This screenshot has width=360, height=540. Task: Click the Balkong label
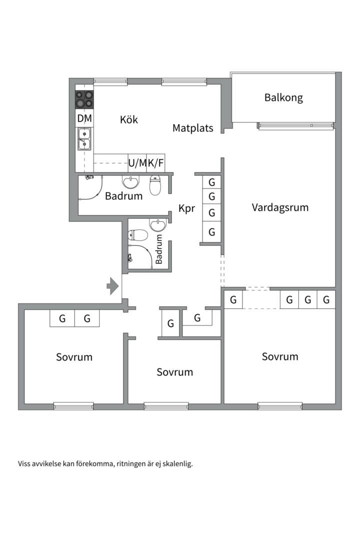[x=283, y=98]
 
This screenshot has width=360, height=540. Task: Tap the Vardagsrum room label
[x=280, y=207]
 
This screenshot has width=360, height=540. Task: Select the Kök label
[x=129, y=119]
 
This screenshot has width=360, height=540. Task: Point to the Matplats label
[x=193, y=128]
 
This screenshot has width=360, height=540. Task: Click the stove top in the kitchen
[x=84, y=99]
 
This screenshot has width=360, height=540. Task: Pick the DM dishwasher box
[x=84, y=118]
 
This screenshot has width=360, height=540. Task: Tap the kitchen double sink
[x=84, y=139]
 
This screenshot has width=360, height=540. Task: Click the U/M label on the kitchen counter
[x=137, y=163]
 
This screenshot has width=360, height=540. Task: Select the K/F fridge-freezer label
[x=155, y=163]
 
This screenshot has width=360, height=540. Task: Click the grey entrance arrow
[x=112, y=286]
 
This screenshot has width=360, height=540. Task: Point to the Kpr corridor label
[x=186, y=208]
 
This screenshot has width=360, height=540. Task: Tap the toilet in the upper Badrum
[x=155, y=185]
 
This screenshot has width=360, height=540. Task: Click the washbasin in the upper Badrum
[x=131, y=182]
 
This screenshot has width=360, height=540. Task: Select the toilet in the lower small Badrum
[x=138, y=235]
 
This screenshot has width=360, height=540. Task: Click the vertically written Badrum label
[x=159, y=249]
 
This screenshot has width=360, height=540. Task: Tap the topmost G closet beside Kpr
[x=211, y=182]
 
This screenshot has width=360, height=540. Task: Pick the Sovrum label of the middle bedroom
[x=174, y=372]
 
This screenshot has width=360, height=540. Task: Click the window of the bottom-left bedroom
[x=73, y=406]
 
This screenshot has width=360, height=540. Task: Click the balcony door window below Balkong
[x=295, y=125]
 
